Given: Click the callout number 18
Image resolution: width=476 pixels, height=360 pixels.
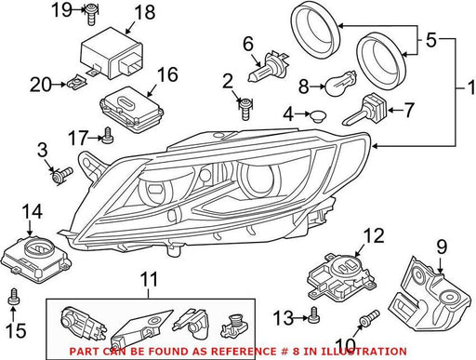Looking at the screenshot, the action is click(145, 12).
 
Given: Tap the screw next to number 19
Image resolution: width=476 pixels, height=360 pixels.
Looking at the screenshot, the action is click(91, 14).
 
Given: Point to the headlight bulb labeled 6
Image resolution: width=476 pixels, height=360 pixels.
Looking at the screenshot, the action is click(269, 67).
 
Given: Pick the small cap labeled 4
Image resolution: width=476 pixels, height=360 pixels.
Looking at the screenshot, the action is click(317, 116).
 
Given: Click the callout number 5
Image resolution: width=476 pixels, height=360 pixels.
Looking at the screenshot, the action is click(431, 40).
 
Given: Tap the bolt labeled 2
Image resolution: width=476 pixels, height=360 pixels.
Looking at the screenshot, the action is click(245, 109).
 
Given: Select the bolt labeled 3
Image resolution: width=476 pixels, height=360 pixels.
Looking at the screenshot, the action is click(62, 175).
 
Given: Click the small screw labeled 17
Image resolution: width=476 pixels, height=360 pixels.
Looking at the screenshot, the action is click(108, 136).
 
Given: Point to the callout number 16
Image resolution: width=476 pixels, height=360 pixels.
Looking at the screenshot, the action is click(167, 74).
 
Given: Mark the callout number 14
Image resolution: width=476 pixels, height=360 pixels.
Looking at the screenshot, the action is click(32, 212).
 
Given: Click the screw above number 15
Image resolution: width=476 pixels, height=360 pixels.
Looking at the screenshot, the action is click(13, 296).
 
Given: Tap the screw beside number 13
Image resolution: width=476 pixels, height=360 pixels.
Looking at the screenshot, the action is click(313, 314).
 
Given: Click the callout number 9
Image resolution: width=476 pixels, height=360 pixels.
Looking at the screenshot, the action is click(442, 247).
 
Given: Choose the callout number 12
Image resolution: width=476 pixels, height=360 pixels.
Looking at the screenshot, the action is click(374, 235).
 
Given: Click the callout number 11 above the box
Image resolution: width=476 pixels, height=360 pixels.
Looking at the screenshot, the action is click(149, 279).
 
